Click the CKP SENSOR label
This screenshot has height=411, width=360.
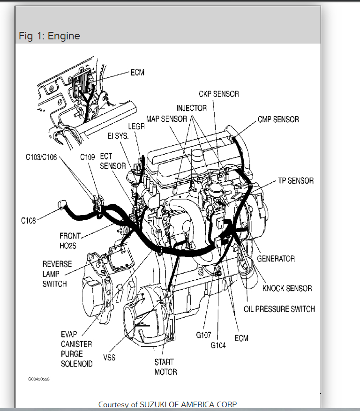tap(218, 94)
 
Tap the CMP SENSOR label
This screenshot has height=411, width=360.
tap(278, 120)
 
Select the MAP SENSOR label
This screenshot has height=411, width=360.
tap(167, 119)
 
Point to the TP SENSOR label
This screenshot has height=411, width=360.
tap(296, 180)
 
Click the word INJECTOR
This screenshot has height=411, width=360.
tap(192, 108)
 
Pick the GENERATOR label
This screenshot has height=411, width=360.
tap(276, 259)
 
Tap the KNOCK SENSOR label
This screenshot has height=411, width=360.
tap(287, 288)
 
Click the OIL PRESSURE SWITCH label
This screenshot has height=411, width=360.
tap(279, 309)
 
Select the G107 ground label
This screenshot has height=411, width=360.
tap(203, 335)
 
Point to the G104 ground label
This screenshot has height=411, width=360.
tap(218, 346)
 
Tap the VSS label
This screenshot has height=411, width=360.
tap(109, 358)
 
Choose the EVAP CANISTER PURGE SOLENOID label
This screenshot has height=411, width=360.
tap(76, 349)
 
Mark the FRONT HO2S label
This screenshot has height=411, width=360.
tap(70, 241)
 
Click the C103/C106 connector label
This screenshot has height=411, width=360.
tap(41, 157)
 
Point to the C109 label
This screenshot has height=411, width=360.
tap(87, 157)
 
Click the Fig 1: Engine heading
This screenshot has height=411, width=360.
tap(49, 36)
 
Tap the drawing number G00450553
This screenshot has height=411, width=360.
tap(39, 379)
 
